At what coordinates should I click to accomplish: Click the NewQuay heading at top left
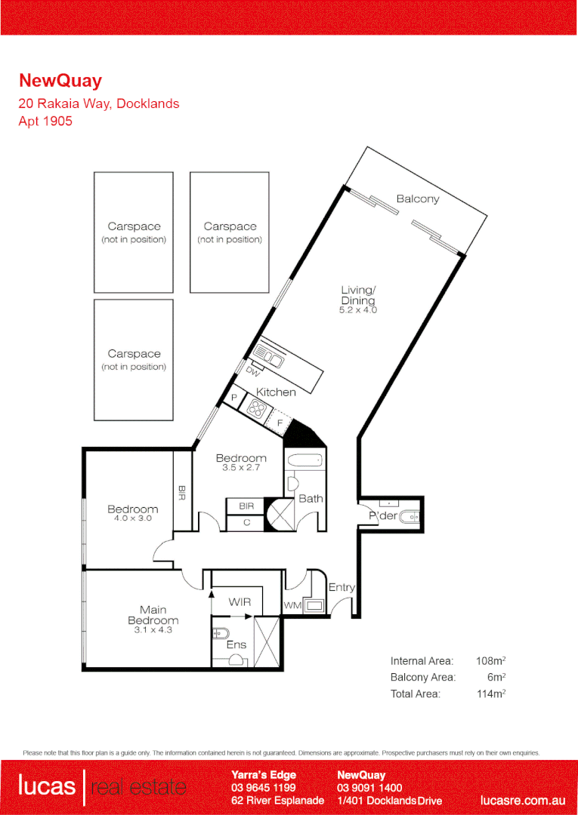60,81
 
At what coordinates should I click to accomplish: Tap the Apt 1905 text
45,121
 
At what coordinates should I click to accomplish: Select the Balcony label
417,199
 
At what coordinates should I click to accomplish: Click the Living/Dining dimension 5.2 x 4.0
358,310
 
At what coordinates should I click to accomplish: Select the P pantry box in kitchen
234,398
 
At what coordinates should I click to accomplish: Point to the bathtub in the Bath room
305,460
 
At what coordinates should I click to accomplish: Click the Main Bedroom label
153,615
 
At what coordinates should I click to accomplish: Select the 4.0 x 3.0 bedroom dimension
133,519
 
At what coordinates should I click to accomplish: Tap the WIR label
240,602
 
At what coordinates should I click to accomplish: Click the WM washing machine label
292,605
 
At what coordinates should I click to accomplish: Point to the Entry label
342,587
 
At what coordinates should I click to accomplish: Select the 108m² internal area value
490,660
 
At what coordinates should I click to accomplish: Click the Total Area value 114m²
490,694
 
